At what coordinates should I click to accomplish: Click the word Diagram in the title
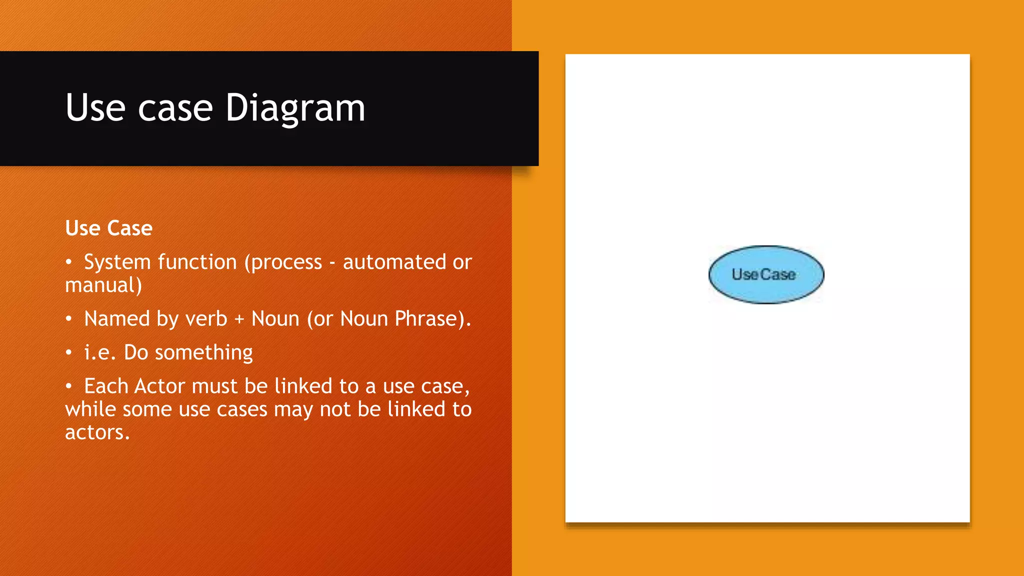(295, 109)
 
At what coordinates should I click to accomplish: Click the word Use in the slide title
(95, 108)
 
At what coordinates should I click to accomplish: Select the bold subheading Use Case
(108, 228)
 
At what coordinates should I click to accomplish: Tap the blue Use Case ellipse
(765, 274)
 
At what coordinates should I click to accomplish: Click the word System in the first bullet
(117, 262)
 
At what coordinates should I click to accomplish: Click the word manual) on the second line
(103, 285)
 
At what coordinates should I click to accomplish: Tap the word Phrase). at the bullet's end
(432, 319)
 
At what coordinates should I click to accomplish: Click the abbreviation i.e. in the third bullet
(100, 352)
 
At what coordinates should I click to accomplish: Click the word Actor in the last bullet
(159, 386)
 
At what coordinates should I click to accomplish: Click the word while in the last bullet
(90, 409)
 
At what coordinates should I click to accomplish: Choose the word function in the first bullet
(197, 262)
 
